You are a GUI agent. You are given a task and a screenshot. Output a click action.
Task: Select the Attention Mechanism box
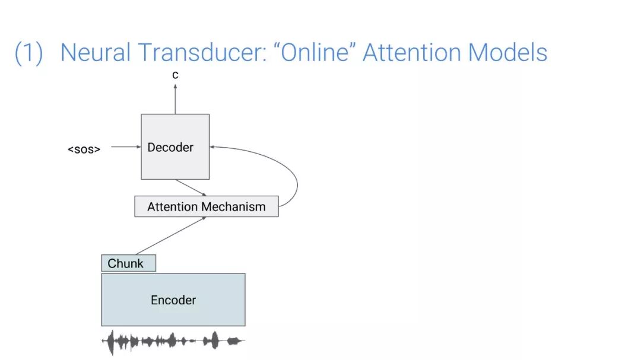(206, 206)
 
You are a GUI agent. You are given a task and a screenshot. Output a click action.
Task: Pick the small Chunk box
(128, 263)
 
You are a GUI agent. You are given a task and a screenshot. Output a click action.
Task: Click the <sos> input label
(84, 148)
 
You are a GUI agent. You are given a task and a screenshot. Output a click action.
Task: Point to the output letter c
(175, 75)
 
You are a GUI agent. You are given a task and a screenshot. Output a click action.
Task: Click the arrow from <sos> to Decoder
(125, 146)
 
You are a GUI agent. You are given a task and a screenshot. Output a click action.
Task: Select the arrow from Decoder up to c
(175, 98)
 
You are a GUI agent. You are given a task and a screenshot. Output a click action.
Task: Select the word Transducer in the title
(202, 52)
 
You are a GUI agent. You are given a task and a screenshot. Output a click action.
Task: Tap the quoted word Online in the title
(314, 52)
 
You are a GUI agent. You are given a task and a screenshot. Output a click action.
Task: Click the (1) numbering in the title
(28, 52)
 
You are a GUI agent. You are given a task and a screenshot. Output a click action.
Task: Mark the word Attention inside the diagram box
(172, 206)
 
